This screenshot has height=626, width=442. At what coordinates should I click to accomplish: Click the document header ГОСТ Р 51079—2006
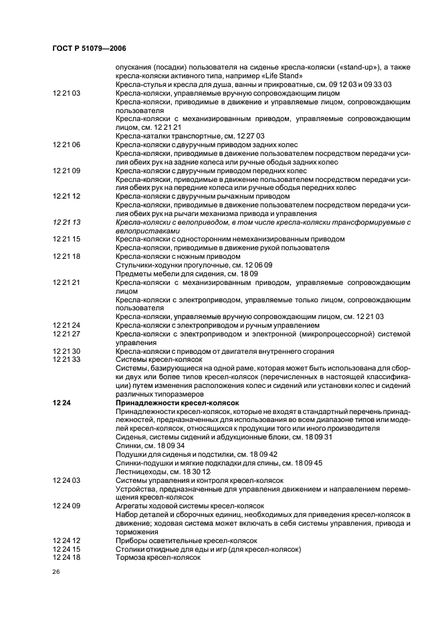[88, 49]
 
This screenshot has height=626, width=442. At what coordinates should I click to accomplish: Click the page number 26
[57, 572]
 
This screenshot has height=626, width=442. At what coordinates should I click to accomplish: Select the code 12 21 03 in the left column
[66, 94]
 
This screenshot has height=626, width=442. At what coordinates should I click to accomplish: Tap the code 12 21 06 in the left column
[66, 145]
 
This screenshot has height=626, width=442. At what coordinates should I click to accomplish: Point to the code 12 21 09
[66, 171]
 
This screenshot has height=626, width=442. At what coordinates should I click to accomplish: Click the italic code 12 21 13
[66, 222]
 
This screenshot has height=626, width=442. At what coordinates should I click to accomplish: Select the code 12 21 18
[66, 256]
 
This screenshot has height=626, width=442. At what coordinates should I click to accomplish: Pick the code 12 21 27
[66, 334]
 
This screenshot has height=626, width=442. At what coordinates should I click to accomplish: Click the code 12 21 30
[66, 351]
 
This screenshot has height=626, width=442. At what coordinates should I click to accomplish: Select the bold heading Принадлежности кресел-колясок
[177, 403]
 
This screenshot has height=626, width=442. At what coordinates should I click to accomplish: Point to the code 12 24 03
[66, 480]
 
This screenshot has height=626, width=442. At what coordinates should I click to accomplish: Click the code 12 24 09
[66, 506]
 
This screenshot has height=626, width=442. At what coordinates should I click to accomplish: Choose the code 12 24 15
[66, 549]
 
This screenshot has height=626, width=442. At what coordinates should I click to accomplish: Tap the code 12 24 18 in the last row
[66, 558]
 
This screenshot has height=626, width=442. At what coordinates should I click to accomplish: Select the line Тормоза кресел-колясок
[158, 558]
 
